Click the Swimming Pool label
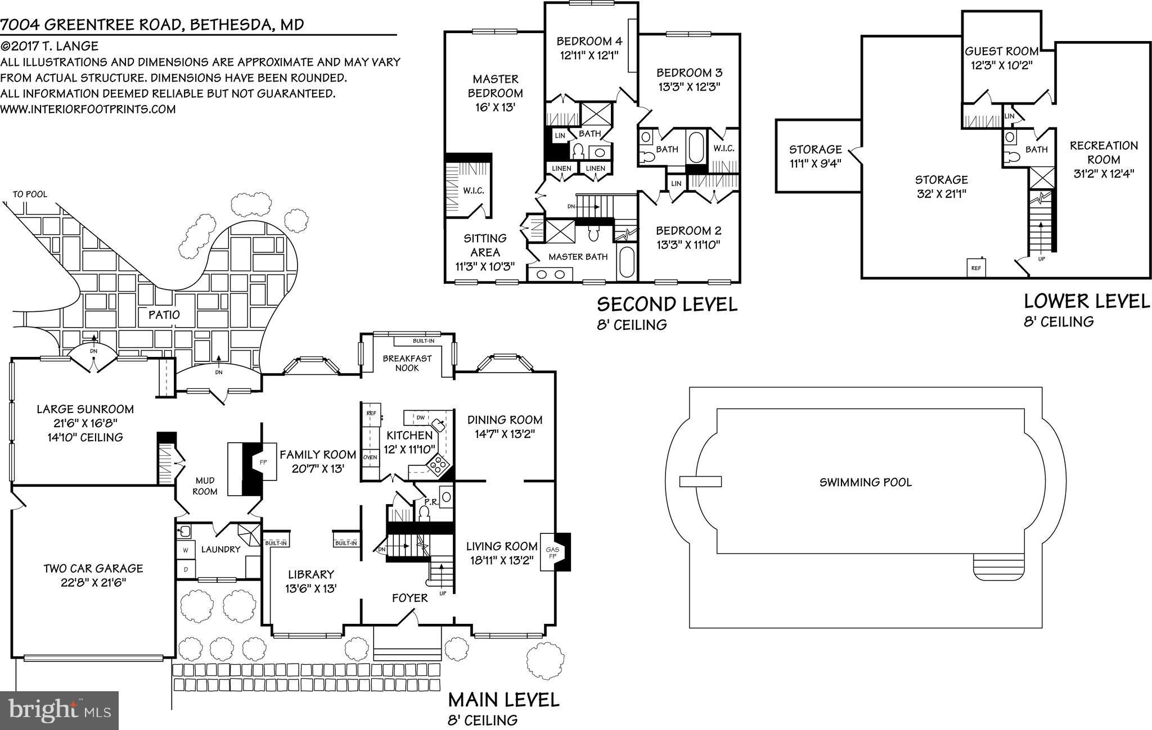[865, 482]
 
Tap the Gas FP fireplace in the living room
[553, 551]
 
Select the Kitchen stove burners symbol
[437, 465]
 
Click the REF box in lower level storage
[976, 267]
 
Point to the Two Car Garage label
[93, 569]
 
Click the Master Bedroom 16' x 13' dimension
[495, 107]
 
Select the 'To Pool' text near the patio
[30, 194]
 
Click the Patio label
[164, 315]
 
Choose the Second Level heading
[667, 305]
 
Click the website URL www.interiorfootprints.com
[88, 109]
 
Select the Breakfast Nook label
[407, 363]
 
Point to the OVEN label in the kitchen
[370, 457]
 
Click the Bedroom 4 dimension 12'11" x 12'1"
[588, 55]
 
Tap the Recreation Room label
[1104, 152]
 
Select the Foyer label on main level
[409, 598]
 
